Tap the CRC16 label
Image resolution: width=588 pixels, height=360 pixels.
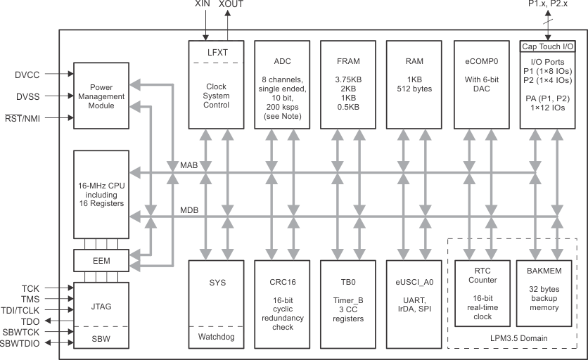click(281, 281)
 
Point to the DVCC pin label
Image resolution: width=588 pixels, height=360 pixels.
click(27, 73)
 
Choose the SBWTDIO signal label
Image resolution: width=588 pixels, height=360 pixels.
click(23, 344)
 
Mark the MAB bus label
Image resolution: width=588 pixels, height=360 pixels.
click(188, 166)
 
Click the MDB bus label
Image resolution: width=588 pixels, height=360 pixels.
click(188, 210)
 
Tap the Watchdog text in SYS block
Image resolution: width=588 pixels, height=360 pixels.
click(215, 337)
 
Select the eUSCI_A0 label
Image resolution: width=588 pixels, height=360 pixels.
click(414, 281)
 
